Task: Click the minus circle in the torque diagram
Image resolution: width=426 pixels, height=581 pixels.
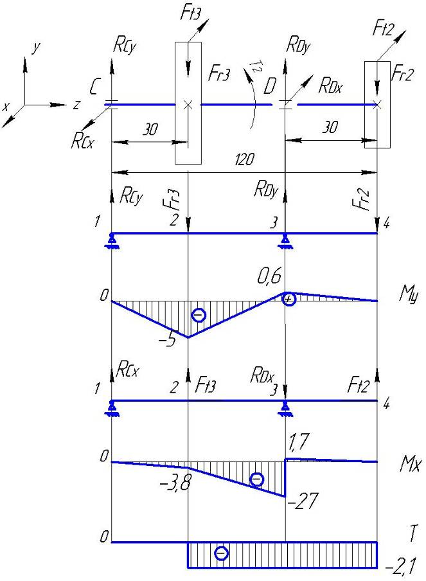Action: point(221,553)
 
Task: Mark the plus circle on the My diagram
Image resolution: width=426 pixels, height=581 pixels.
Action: point(289,299)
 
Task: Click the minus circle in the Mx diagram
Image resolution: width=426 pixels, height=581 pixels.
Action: point(256,479)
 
